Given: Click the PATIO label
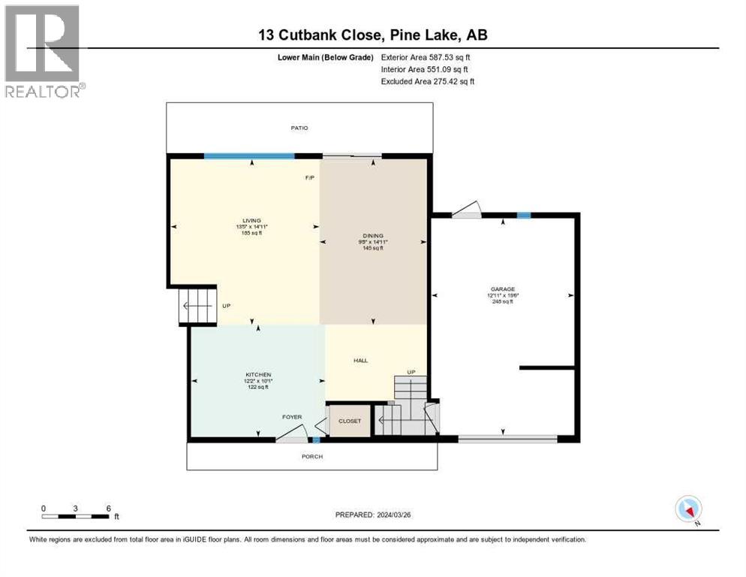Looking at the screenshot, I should [299, 128].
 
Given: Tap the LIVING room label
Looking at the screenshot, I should [241, 220].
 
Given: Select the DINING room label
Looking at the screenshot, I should [373, 236].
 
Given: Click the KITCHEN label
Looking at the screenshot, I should [257, 375].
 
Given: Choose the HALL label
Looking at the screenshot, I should [360, 361].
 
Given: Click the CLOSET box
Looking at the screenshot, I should [350, 421].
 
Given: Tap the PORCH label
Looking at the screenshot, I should [312, 456].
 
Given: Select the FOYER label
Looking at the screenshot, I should [292, 417].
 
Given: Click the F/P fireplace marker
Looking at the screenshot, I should [309, 178].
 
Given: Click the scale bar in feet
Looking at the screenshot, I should [77, 515].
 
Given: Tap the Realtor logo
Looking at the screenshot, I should [44, 50].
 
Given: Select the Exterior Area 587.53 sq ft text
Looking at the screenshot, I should [426, 57].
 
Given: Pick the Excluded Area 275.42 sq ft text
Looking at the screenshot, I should [428, 81].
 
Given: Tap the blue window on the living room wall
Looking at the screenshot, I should [249, 156].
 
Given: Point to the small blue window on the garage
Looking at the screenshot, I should [524, 216].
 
